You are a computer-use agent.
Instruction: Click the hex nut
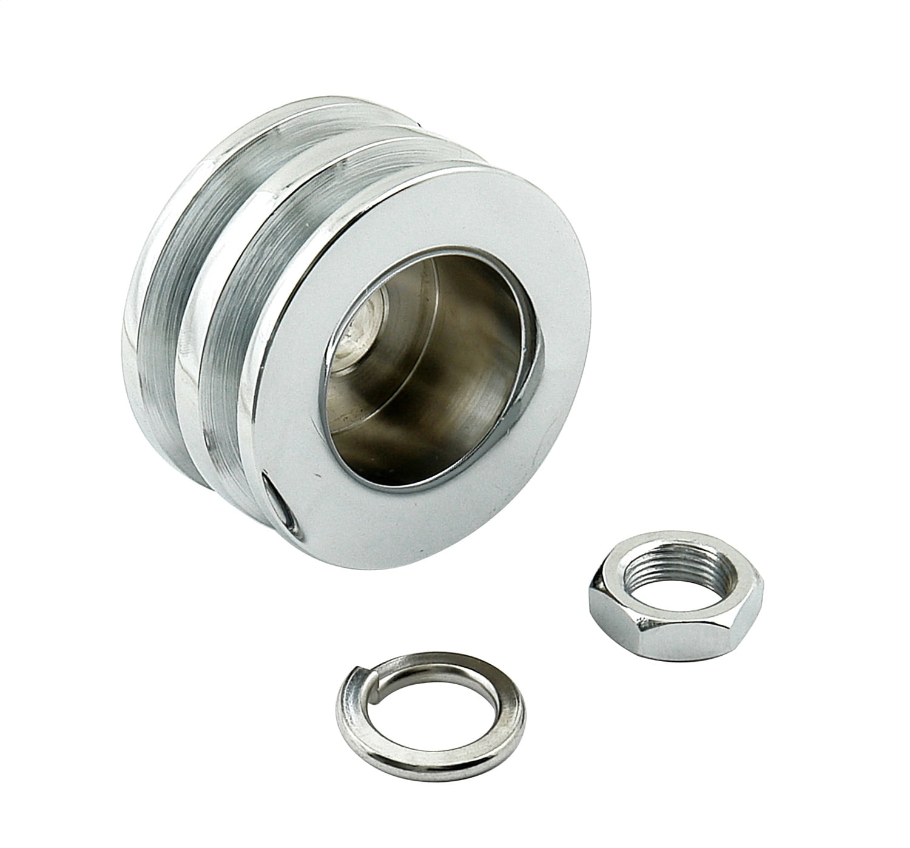click(675, 613)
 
